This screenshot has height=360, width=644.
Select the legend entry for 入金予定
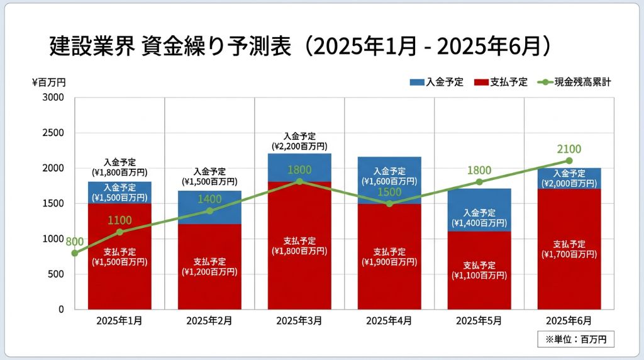pyautogui.click(x=436, y=82)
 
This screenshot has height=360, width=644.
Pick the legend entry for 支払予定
pyautogui.click(x=501, y=82)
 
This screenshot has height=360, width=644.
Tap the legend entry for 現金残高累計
pyautogui.click(x=574, y=82)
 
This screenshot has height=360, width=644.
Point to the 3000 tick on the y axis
pyautogui.click(x=53, y=98)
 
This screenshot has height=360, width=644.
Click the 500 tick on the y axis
pyautogui.click(x=56, y=274)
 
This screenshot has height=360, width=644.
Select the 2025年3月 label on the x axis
pyautogui.click(x=299, y=321)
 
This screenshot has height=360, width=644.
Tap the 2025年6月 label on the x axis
pyautogui.click(x=569, y=321)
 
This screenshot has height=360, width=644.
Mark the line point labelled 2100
pyautogui.click(x=569, y=160)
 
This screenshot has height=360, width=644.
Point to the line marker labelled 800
pyautogui.click(x=75, y=253)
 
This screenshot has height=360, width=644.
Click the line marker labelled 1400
pyautogui.click(x=209, y=211)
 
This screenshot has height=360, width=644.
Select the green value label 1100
pyautogui.click(x=119, y=220)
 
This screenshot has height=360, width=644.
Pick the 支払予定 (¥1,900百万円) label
pyautogui.click(x=389, y=257)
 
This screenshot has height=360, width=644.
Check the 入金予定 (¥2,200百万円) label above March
pyautogui.click(x=299, y=141)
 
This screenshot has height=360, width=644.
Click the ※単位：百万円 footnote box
pyautogui.click(x=575, y=339)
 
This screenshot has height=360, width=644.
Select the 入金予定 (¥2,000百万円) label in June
pyautogui.click(x=569, y=178)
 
